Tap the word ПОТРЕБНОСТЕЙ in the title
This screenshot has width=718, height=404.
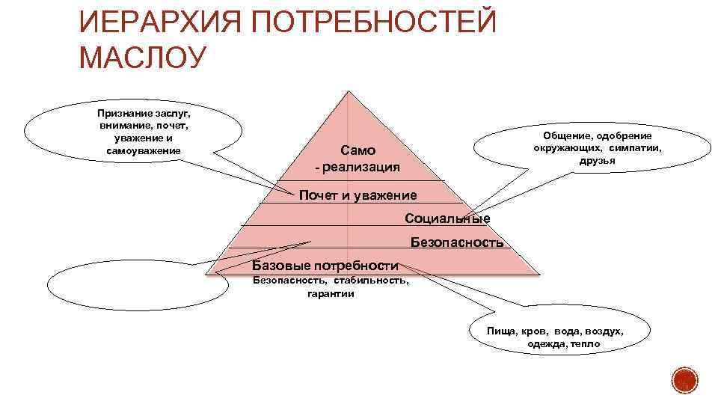pyautogui.click(x=372, y=24)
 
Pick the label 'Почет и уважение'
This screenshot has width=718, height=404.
pyautogui.click(x=358, y=196)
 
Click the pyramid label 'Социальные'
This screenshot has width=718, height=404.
pyautogui.click(x=447, y=218)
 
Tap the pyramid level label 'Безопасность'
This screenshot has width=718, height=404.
pyautogui.click(x=457, y=242)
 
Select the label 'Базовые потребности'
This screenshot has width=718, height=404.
pyautogui.click(x=325, y=265)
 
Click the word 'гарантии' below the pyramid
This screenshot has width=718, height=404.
pyautogui.click(x=331, y=294)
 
